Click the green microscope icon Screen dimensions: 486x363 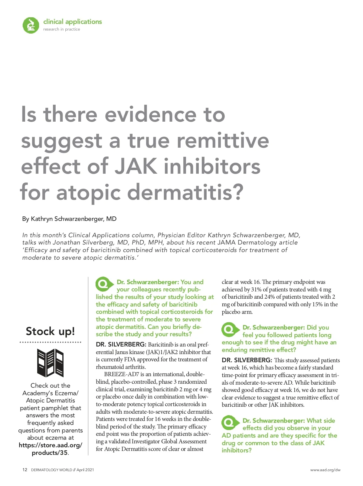31,25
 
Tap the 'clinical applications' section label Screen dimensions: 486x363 73,22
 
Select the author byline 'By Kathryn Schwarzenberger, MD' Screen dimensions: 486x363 69,219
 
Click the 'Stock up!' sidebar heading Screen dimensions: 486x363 50,331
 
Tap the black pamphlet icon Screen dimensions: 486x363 50,363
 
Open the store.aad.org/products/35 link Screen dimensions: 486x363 50,449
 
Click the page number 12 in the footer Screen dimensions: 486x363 25,470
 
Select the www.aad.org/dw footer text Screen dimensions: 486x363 325,470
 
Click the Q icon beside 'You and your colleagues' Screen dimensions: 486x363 103,284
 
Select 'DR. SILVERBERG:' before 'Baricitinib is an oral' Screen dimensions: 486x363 121,345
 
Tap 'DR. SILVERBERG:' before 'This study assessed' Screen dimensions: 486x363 247,360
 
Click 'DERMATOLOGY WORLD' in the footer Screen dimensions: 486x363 51,470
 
